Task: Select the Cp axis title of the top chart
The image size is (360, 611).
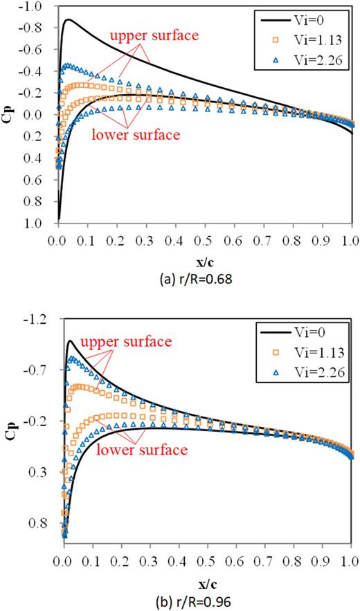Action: coord(12,114)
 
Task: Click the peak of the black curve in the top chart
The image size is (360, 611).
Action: coord(68,19)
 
